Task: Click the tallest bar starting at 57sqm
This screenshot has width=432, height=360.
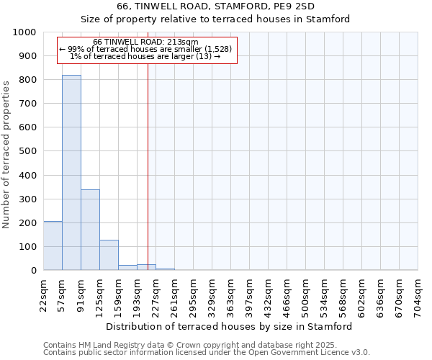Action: (71, 173)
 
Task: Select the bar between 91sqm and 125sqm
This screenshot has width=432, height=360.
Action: (90, 230)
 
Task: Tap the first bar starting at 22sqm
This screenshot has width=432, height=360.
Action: (53, 246)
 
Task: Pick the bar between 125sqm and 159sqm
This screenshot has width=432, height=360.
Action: (109, 255)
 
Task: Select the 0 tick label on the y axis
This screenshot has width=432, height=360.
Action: (34, 271)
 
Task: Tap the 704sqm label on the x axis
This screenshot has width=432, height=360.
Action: (418, 296)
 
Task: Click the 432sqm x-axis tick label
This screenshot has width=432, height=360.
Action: (269, 296)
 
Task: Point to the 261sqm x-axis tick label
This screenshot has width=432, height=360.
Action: (175, 296)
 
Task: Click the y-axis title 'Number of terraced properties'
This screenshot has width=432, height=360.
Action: (6, 155)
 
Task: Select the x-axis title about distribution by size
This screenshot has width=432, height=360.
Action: (228, 326)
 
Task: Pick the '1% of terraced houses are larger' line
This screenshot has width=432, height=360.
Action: (145, 56)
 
